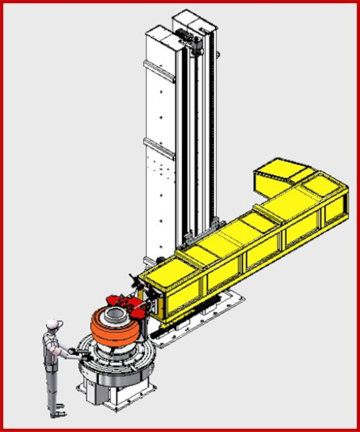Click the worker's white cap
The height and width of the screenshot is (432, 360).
click(x=50, y=325)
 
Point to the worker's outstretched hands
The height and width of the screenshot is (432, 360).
click(x=72, y=351)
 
